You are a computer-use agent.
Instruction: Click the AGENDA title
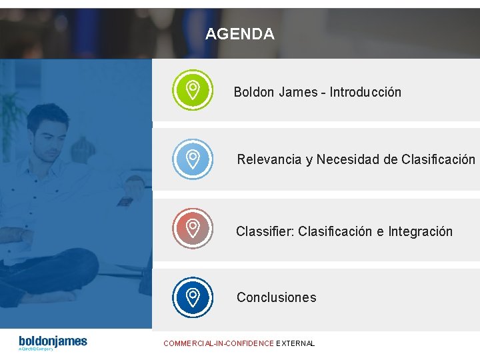click(239, 34)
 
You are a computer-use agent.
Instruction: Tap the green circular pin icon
click(192, 89)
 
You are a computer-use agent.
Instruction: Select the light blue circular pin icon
click(192, 159)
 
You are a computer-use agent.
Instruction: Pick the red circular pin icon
click(192, 229)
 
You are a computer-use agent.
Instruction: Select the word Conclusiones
click(276, 297)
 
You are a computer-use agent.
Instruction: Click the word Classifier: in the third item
click(265, 231)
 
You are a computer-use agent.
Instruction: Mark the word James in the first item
click(297, 92)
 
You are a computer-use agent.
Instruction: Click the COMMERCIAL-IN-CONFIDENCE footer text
click(219, 343)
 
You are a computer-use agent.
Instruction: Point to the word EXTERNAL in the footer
click(295, 343)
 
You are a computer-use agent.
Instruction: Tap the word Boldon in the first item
click(254, 92)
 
